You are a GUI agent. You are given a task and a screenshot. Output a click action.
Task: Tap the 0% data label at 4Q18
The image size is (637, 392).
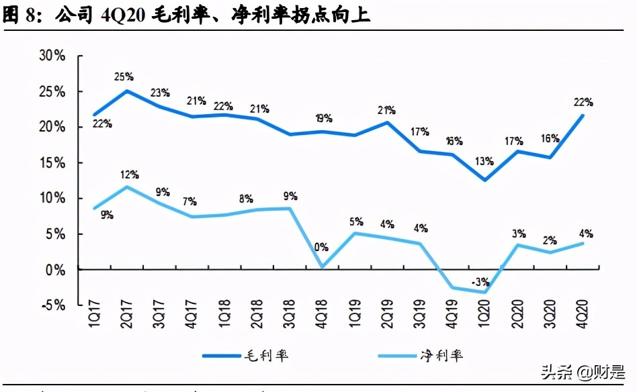tap(321, 247)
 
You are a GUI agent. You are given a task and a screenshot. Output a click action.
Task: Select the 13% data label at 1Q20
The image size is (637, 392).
tap(483, 161)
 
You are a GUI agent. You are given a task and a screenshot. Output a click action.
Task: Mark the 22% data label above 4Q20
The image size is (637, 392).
tap(582, 102)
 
